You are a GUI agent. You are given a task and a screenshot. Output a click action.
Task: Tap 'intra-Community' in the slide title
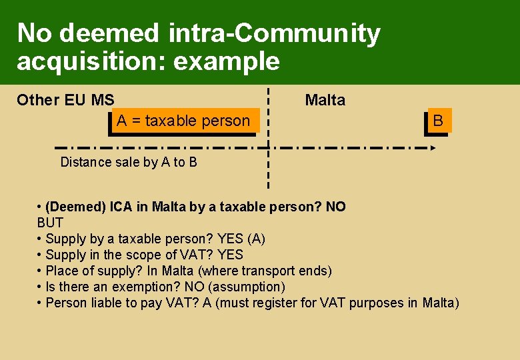tap(274, 33)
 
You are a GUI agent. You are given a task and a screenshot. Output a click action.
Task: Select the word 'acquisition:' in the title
tap(91, 61)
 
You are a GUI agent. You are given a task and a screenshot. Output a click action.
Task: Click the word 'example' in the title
tap(226, 61)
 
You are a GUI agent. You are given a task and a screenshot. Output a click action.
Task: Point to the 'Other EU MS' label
tap(65, 100)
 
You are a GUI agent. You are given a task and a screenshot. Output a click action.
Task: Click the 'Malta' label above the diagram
tap(325, 100)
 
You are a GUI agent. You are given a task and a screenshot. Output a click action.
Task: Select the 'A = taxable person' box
tap(183, 121)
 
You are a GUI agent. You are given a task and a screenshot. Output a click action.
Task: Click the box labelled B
tap(438, 121)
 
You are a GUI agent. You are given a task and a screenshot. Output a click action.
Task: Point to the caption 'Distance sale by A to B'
tap(129, 162)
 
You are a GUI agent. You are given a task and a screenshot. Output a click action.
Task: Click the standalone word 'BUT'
tap(50, 223)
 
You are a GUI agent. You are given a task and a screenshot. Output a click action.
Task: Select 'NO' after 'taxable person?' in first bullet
tap(335, 207)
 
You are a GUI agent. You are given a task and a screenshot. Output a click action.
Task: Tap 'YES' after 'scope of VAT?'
tap(230, 255)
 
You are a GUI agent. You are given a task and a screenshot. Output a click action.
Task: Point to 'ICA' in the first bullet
tap(121, 207)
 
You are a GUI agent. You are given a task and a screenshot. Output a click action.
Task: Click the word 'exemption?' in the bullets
tap(155, 287)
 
